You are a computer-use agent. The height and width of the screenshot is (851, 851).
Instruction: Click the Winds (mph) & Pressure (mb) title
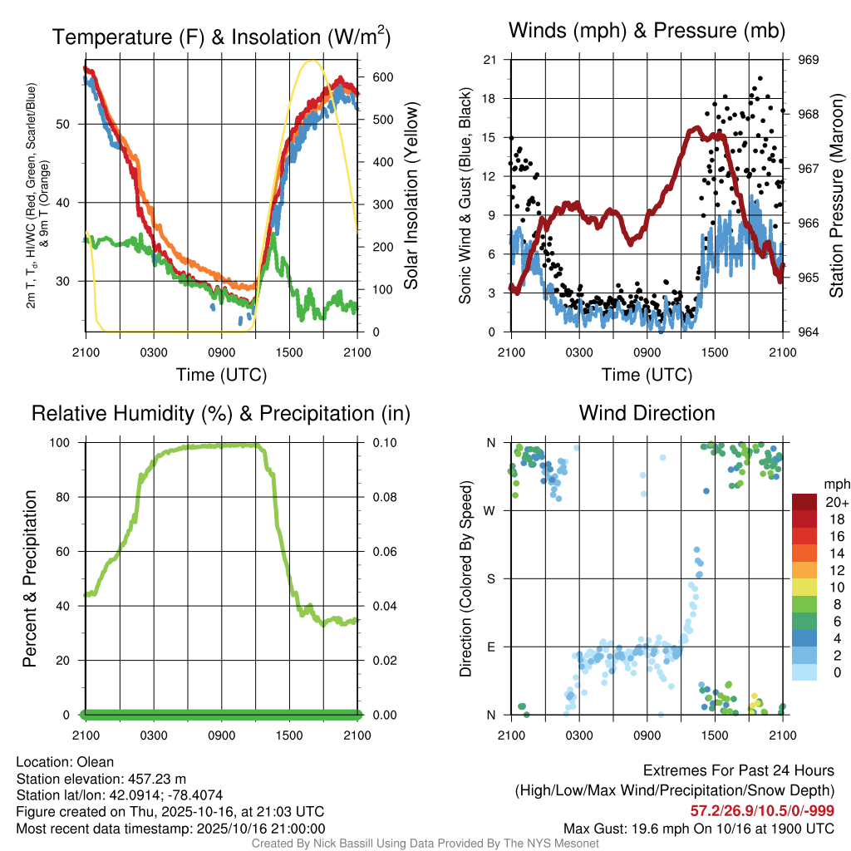647,31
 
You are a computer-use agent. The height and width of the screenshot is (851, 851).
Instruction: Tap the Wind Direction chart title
647,413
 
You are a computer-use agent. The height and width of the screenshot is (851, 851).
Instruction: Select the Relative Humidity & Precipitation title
221,413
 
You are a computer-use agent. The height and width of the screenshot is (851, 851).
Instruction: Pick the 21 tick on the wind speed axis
489,60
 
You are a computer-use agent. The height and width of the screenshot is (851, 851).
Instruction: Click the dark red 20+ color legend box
805,502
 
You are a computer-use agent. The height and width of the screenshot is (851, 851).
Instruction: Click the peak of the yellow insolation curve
312,61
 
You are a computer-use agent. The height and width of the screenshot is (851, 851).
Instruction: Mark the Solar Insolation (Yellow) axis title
411,196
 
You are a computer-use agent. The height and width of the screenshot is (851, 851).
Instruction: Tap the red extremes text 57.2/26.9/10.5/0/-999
762,811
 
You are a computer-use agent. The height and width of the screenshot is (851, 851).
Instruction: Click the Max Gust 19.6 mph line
699,828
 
